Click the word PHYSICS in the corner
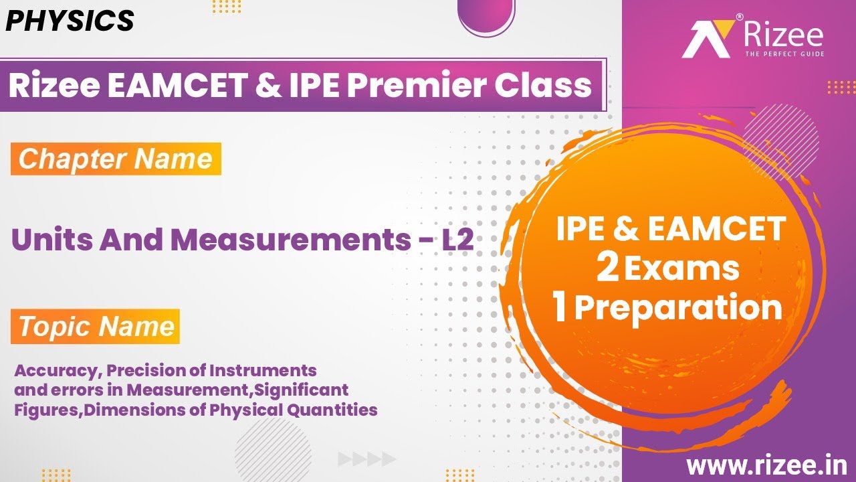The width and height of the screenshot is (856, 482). pos(70,21)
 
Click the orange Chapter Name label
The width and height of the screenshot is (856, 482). pos(116,159)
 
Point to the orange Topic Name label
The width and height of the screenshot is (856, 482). pos(96,327)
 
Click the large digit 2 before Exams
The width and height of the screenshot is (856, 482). pos(608,268)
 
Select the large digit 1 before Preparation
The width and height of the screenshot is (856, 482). pos(560,309)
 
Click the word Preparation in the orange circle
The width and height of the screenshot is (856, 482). pos(678,309)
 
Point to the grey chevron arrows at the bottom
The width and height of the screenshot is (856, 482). pos(367,459)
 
